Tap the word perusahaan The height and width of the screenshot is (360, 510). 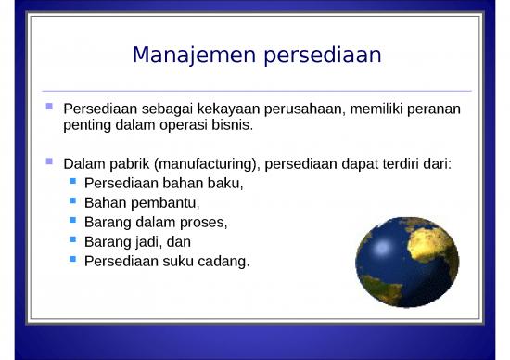(309, 109)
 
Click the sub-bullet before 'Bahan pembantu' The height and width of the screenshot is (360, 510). (73, 200)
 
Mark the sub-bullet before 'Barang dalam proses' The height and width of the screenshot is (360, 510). (73, 220)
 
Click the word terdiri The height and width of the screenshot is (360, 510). (400, 164)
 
